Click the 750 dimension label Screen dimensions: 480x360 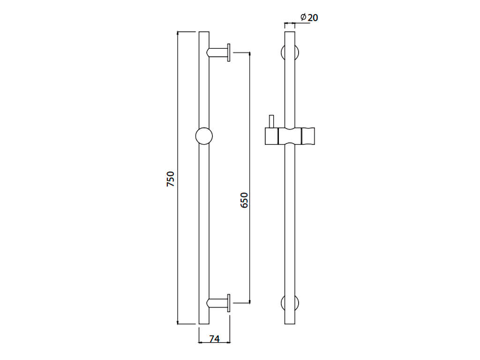(x=171, y=179)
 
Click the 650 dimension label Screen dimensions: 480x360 (x=244, y=200)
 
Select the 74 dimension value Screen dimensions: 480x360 (x=214, y=339)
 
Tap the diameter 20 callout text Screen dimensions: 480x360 (x=309, y=17)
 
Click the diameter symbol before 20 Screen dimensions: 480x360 (x=303, y=17)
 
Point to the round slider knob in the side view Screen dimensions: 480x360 (x=204, y=136)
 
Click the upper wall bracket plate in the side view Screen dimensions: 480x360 (x=229, y=52)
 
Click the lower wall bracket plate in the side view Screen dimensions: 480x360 (x=229, y=303)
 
